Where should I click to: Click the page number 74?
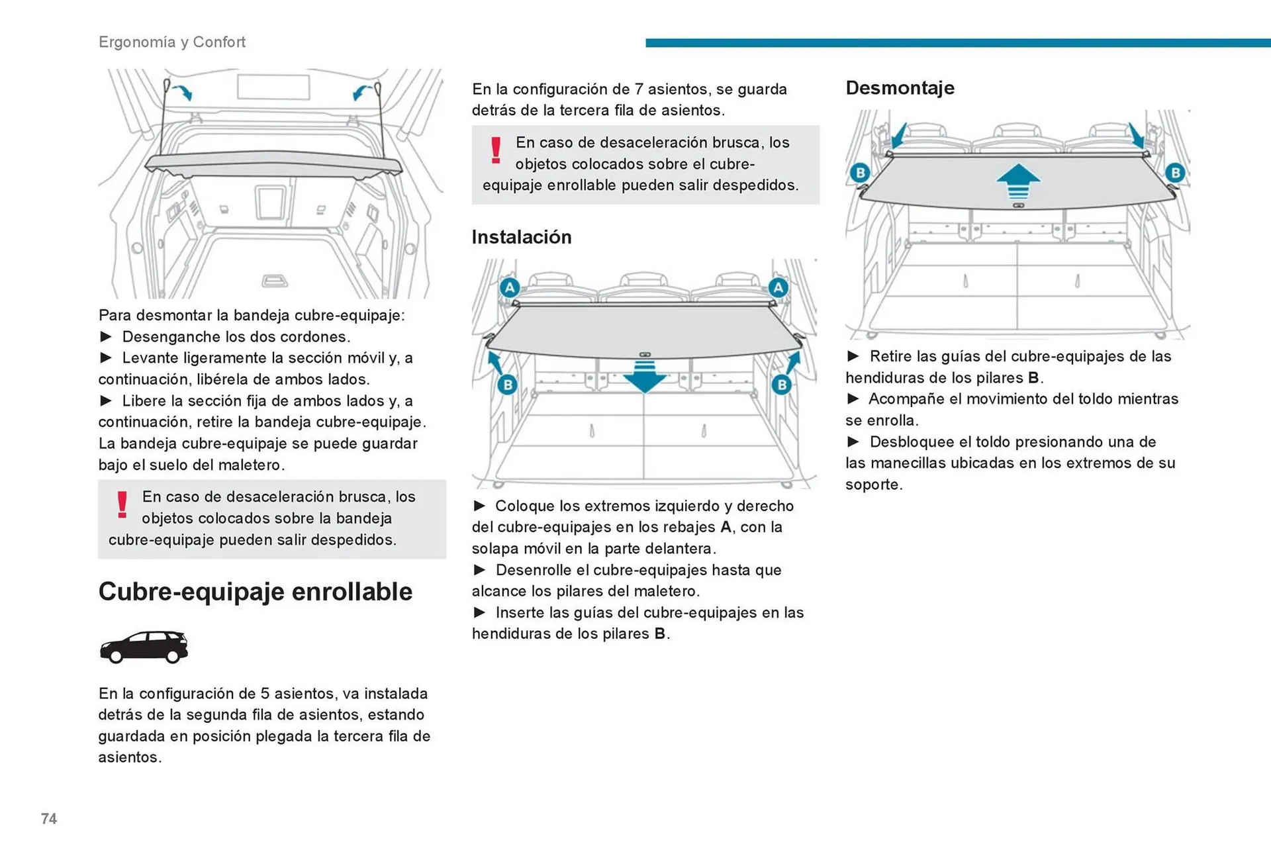(49, 819)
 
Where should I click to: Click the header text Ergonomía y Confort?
(172, 42)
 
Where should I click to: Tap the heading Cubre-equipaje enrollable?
(255, 592)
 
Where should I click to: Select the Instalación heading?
(521, 237)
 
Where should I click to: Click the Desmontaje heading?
(900, 88)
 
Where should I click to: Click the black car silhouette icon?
(144, 647)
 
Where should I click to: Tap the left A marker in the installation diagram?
(509, 288)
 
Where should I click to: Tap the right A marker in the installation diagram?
(778, 288)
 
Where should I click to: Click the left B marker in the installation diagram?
(508, 385)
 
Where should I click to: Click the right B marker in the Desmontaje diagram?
(1175, 173)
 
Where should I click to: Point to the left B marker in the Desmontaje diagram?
(860, 173)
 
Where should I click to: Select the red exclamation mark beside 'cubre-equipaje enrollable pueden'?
(496, 150)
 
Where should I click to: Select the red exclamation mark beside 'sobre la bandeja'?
(122, 504)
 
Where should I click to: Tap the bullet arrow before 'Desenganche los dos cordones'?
(106, 336)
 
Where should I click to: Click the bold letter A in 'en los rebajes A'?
(726, 527)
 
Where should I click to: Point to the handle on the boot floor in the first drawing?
(274, 281)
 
